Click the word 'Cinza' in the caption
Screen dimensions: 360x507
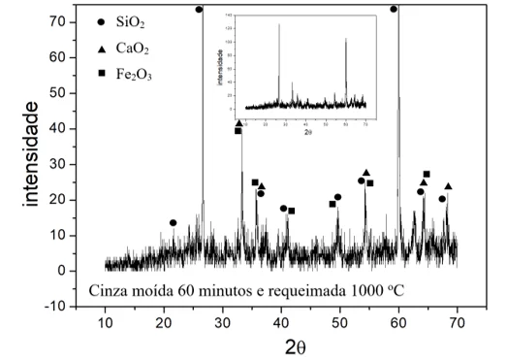109,289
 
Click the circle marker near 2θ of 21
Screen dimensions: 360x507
174,223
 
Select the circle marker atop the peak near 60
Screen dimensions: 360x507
394,9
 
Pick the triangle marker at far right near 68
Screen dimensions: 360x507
448,186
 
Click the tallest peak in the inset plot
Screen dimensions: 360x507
279,26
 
